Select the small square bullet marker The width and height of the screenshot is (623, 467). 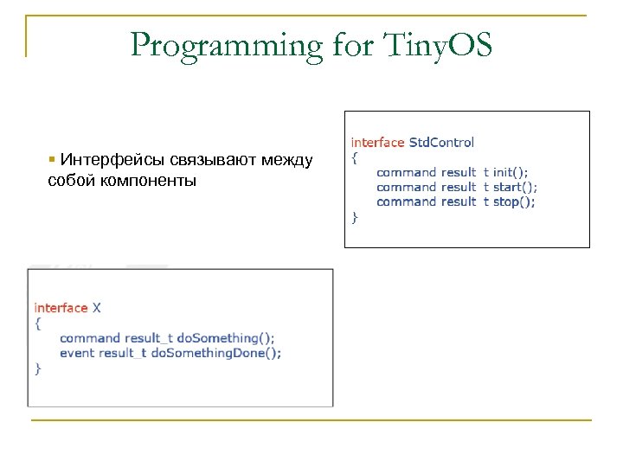(53, 160)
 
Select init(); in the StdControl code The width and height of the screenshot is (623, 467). (511, 172)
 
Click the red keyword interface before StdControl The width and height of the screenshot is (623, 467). (377, 142)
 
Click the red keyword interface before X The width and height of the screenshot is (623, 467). (61, 308)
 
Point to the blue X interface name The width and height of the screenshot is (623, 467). (97, 308)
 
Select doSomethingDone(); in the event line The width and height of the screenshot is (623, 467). (216, 353)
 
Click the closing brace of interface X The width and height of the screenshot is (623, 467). (37, 368)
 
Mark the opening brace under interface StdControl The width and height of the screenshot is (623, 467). (354, 157)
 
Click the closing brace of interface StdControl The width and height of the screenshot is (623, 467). (354, 217)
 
